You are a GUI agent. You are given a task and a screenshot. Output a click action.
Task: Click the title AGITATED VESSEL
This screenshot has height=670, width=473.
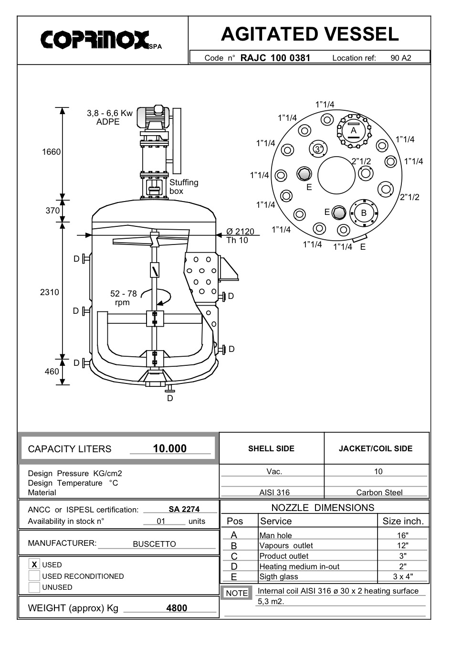click(x=310, y=34)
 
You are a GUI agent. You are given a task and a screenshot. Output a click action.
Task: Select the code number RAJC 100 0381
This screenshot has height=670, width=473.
click(x=275, y=58)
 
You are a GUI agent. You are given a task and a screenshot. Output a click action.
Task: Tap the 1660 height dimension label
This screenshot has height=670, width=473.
click(x=52, y=152)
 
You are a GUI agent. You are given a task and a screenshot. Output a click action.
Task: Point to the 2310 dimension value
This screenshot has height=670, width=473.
click(x=50, y=292)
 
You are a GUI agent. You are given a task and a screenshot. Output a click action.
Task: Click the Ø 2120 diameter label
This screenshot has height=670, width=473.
click(x=240, y=232)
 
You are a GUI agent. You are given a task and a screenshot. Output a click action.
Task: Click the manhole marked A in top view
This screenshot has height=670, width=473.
click(x=354, y=130)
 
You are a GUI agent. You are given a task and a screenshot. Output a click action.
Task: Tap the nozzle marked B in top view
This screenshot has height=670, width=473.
click(x=364, y=213)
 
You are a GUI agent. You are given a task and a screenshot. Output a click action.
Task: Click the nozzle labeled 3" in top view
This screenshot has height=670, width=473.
click(x=318, y=149)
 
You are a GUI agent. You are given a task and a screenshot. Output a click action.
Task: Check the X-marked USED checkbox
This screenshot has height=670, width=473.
click(x=34, y=564)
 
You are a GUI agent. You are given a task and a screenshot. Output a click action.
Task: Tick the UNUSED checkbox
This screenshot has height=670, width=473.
click(x=34, y=587)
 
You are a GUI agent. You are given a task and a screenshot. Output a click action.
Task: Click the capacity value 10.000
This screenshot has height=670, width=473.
click(x=170, y=448)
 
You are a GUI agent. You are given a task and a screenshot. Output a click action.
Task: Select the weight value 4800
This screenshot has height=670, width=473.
click(x=177, y=608)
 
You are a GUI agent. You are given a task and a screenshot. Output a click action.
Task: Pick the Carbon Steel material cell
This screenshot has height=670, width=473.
click(x=379, y=492)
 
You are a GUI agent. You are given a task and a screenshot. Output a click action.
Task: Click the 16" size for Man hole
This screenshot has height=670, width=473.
click(x=403, y=535)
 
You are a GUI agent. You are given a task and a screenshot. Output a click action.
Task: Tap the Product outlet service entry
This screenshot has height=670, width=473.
click(x=284, y=556)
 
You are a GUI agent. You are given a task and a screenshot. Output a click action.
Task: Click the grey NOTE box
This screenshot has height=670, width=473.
click(x=237, y=593)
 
